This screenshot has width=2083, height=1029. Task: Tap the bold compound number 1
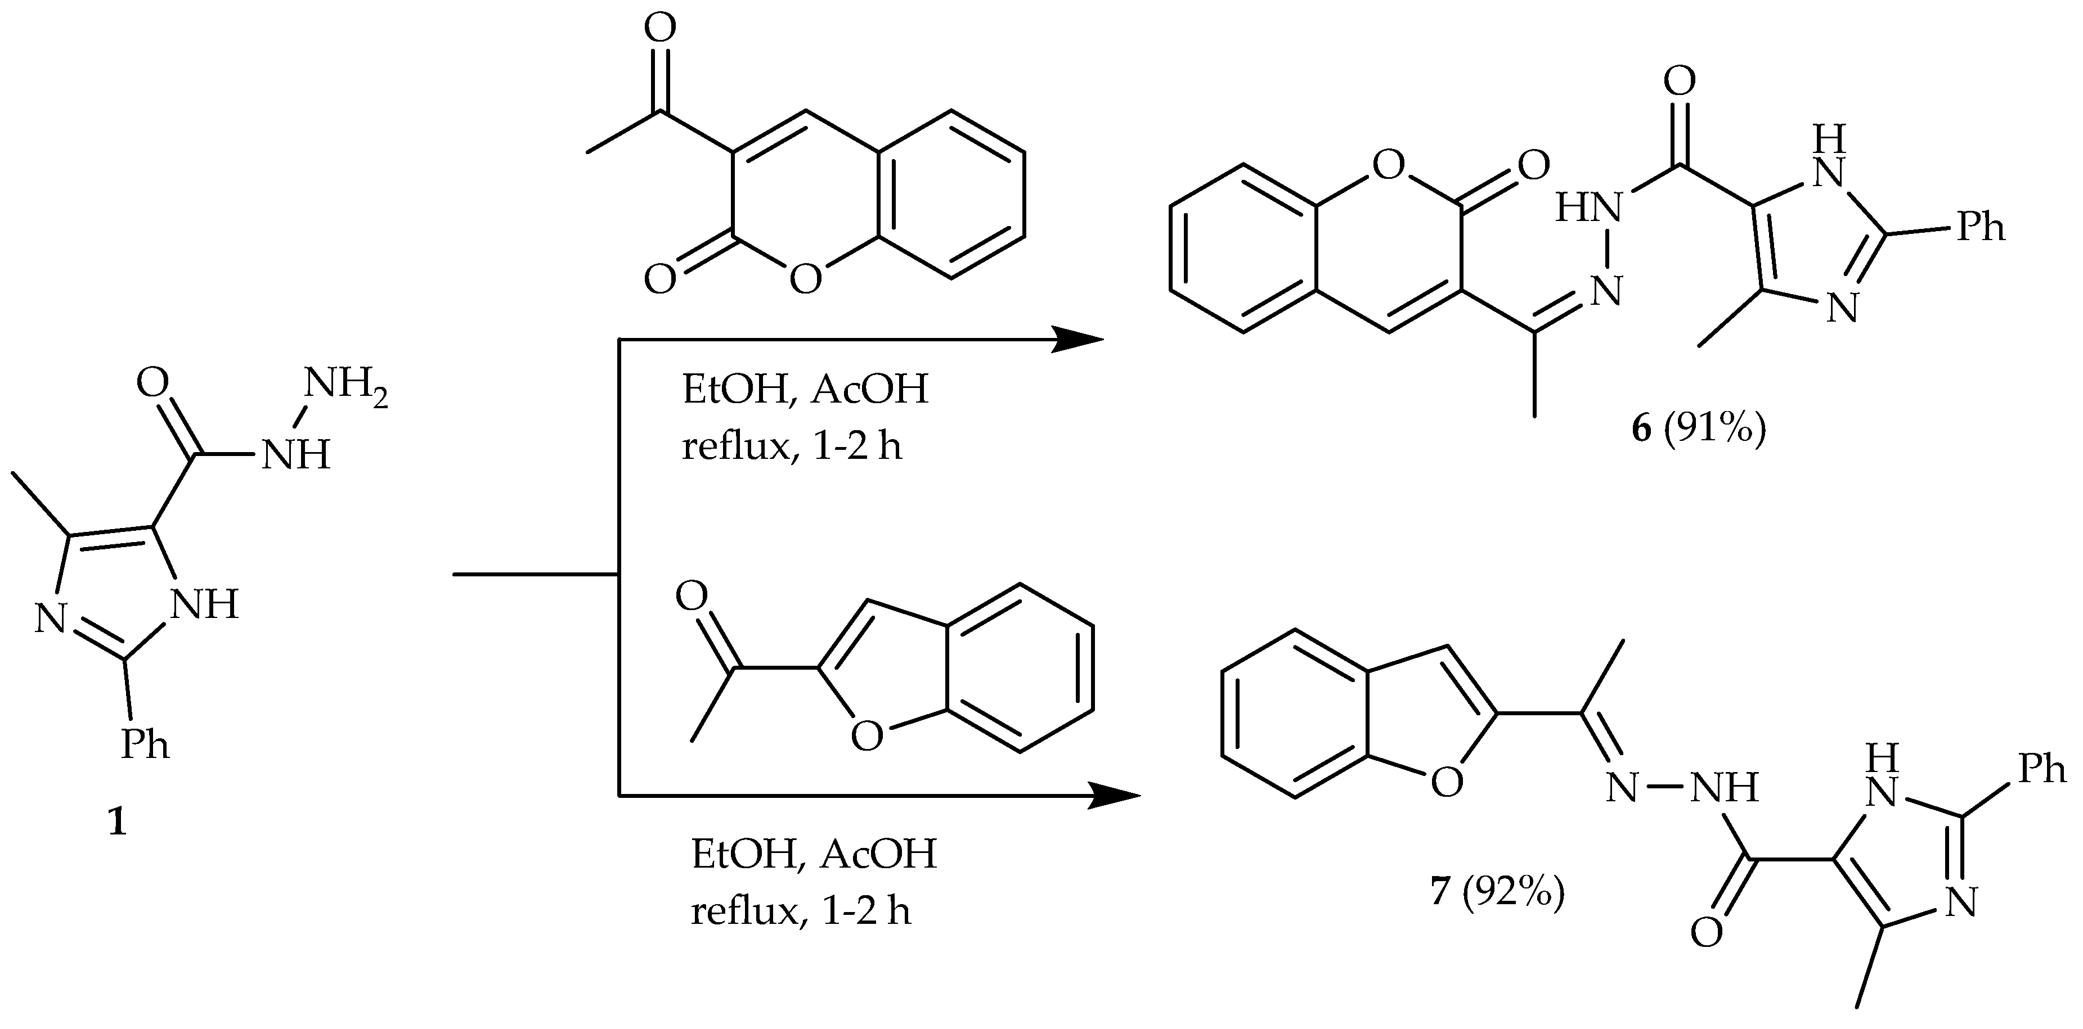[x=118, y=823]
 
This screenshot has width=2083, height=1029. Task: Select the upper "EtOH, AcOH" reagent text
[x=805, y=390]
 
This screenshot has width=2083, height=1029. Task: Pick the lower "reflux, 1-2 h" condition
[x=801, y=911]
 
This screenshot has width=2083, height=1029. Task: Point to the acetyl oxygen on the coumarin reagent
[x=660, y=28]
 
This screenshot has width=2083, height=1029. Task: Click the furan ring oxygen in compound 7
[x=1447, y=781]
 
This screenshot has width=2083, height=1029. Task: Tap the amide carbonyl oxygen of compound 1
[x=153, y=382]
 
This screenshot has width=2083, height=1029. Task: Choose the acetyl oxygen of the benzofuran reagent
[x=692, y=597]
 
